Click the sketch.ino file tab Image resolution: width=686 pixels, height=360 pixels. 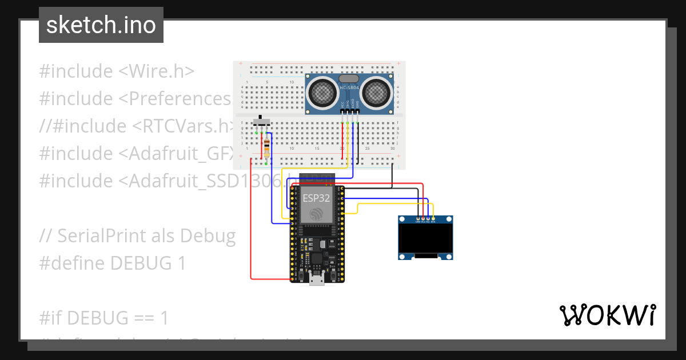[x=101, y=25]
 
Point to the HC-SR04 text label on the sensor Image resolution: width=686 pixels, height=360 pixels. [x=349, y=87]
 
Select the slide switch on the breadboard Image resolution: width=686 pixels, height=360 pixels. [x=262, y=121]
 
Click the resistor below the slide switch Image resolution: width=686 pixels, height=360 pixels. [x=267, y=148]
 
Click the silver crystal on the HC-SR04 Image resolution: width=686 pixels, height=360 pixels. [x=349, y=78]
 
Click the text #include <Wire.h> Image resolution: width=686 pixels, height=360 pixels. [x=117, y=71]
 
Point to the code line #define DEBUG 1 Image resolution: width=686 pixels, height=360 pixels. [x=113, y=263]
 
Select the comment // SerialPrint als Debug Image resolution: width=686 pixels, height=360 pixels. [x=137, y=235]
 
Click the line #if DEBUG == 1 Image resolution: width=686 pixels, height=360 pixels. [x=104, y=317]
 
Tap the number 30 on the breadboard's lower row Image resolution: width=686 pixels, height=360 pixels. [x=392, y=149]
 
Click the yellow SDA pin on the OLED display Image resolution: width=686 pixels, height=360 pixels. [x=433, y=218]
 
